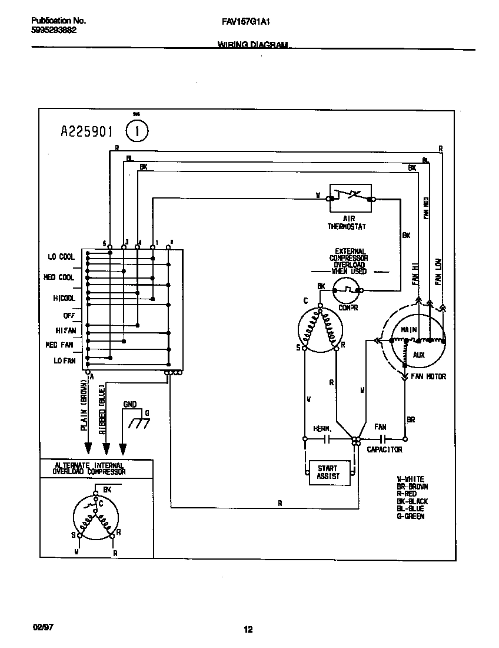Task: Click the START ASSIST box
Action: (328, 472)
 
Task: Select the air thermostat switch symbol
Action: (351, 196)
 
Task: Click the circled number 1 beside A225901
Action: (138, 131)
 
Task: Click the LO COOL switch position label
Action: (61, 257)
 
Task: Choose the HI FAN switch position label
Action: (65, 330)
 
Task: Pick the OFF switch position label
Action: (69, 316)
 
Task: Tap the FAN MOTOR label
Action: (428, 376)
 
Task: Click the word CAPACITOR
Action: (384, 449)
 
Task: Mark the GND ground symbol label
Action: (130, 405)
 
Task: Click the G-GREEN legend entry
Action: (411, 516)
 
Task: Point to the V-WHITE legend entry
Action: (411, 480)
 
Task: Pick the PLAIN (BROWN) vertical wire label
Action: (84, 408)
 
